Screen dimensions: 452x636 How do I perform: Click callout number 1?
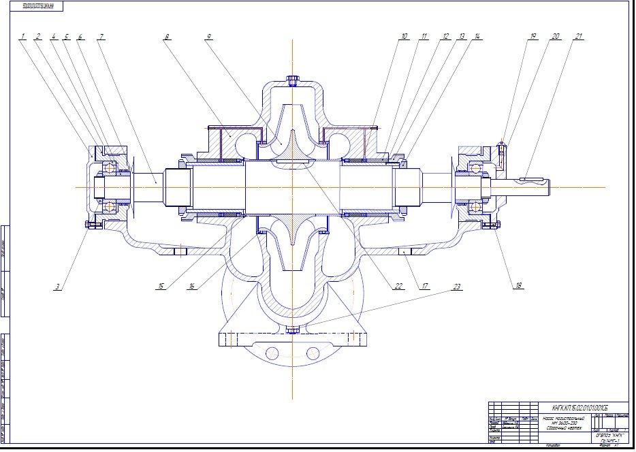22,36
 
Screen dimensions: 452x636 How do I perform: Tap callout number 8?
166,36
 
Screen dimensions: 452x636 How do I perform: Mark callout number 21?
579,36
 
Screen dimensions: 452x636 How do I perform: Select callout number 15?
161,287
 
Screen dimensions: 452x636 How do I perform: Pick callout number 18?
519,286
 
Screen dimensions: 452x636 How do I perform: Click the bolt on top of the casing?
293,80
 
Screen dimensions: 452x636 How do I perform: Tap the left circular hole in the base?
272,353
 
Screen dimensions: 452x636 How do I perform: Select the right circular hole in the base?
313,353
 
